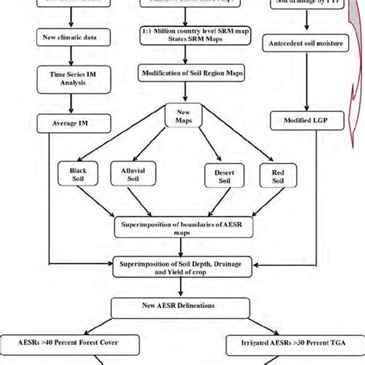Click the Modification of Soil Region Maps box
(182, 74)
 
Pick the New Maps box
(182, 116)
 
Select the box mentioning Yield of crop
(182, 266)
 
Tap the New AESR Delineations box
(182, 306)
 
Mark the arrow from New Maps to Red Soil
(243, 142)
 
